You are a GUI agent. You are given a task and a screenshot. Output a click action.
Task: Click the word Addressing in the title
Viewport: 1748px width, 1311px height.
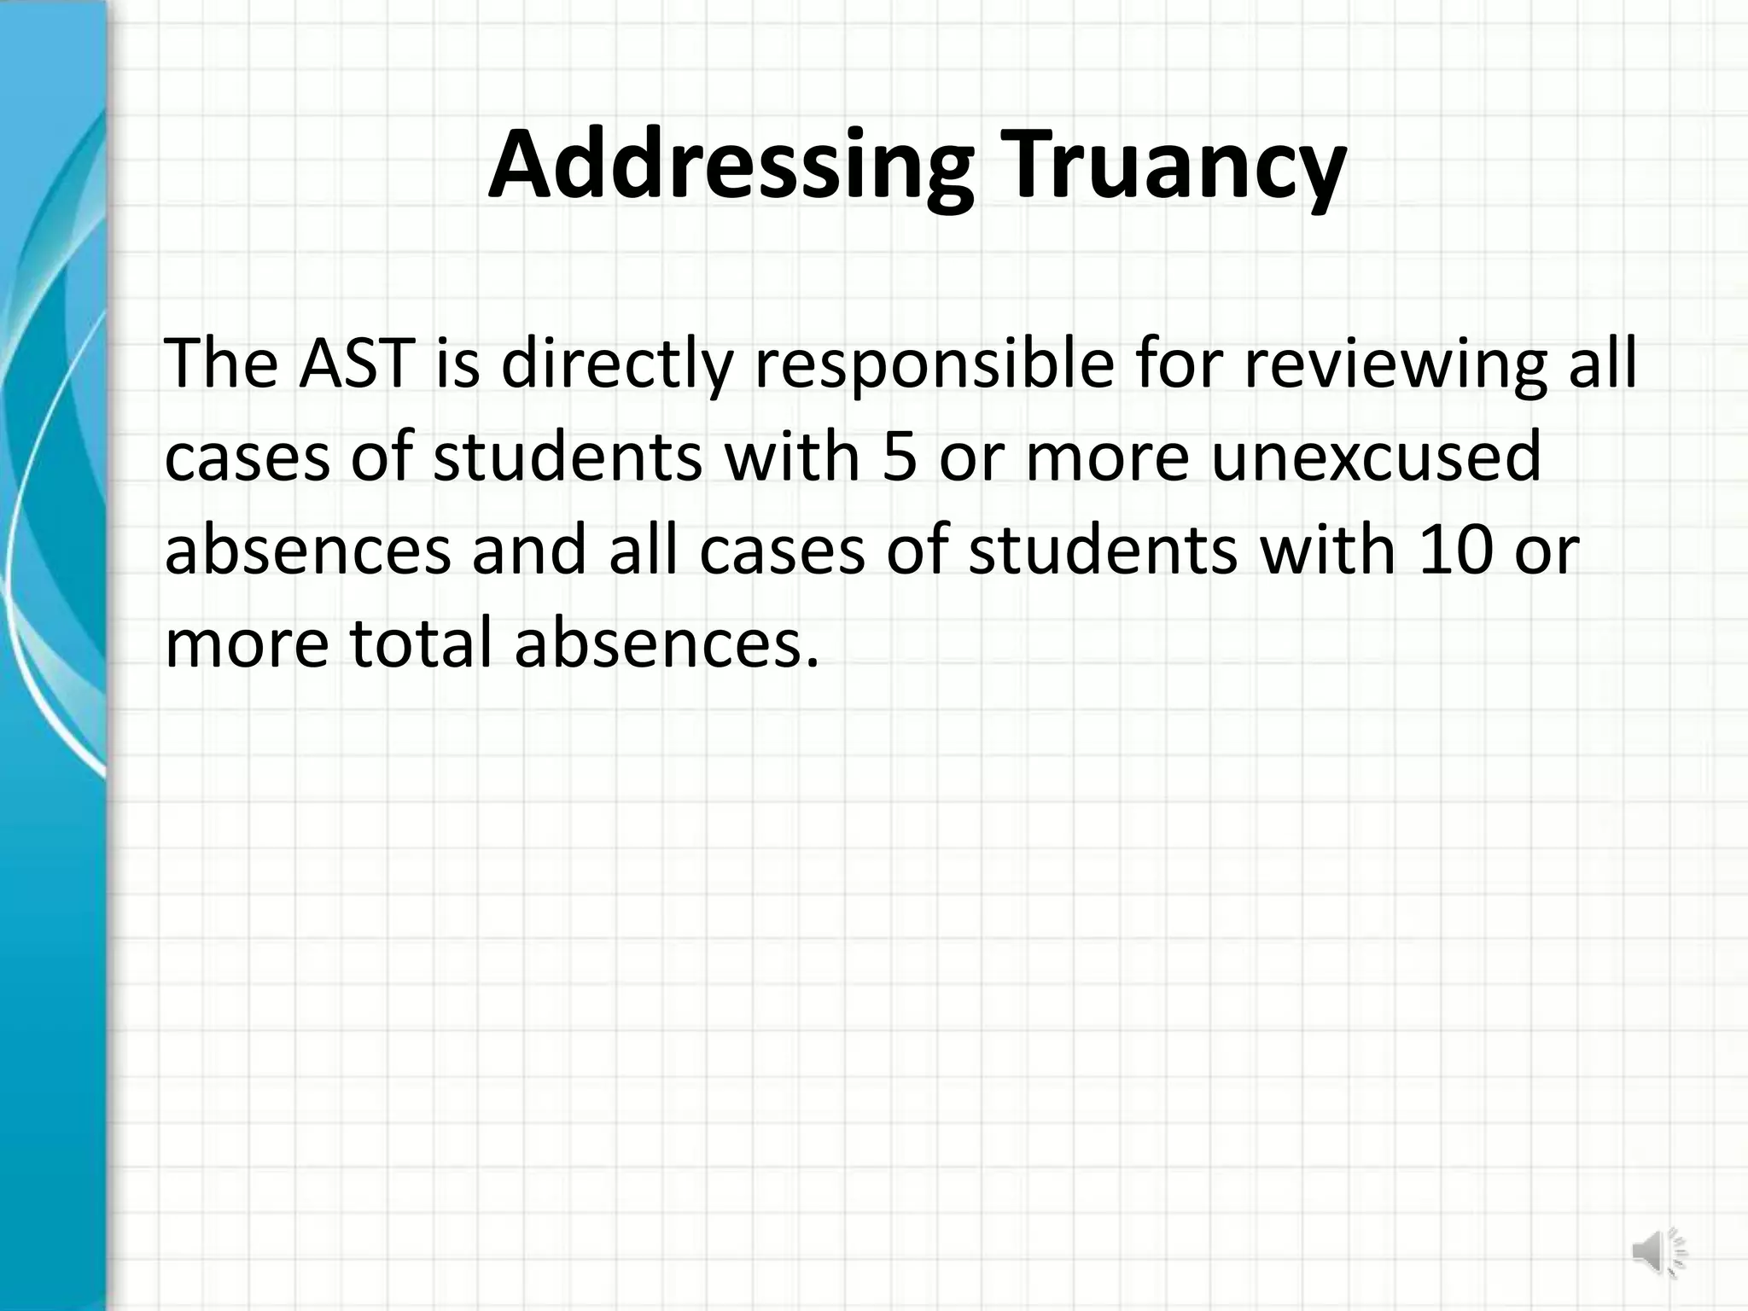point(730,165)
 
